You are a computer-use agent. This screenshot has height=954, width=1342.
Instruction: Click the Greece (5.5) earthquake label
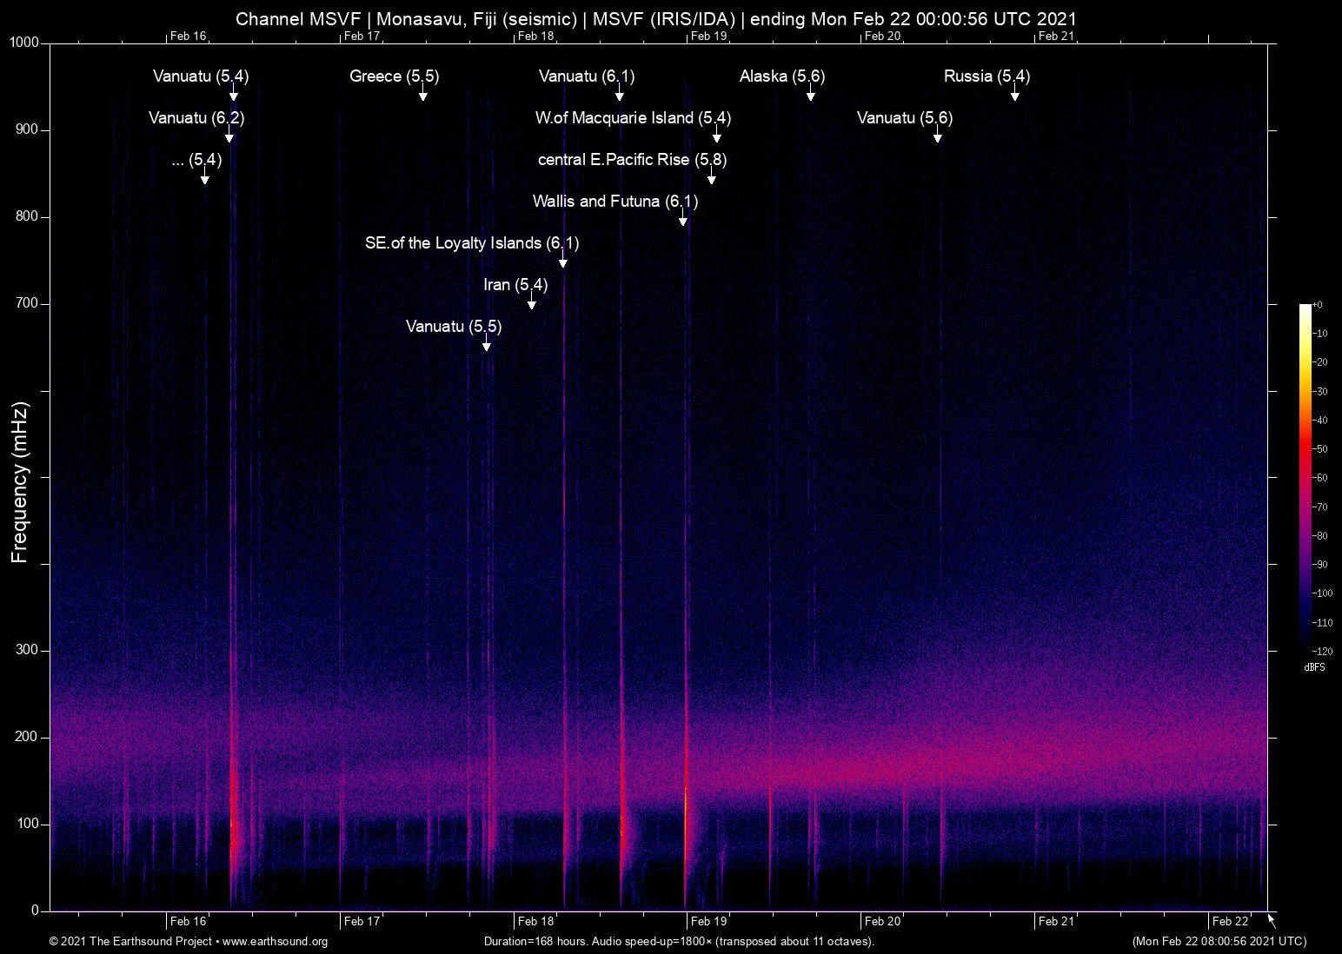pyautogui.click(x=394, y=76)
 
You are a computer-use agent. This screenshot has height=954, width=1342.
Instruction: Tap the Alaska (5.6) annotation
pyautogui.click(x=782, y=76)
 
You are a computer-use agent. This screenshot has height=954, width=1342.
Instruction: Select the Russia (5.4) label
pyautogui.click(x=987, y=76)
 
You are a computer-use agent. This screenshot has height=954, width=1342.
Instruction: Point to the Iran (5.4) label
pyautogui.click(x=515, y=285)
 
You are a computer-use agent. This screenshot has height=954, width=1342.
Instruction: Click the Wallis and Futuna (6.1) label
pyautogui.click(x=615, y=202)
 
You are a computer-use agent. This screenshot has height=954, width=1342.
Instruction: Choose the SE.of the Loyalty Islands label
pyautogui.click(x=472, y=243)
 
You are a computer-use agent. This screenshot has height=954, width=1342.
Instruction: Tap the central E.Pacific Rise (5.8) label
pyautogui.click(x=632, y=160)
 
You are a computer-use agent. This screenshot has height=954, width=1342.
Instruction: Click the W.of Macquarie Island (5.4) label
pyautogui.click(x=633, y=118)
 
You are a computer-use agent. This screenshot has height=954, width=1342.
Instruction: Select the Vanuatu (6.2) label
pyautogui.click(x=196, y=118)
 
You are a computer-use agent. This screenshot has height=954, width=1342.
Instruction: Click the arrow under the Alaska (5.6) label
pyautogui.click(x=810, y=94)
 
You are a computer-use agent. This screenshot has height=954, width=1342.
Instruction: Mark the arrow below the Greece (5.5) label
pyautogui.click(x=422, y=94)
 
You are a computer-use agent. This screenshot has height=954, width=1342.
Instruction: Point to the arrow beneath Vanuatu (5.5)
pyautogui.click(x=487, y=344)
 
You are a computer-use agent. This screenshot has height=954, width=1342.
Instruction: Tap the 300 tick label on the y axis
pyautogui.click(x=28, y=650)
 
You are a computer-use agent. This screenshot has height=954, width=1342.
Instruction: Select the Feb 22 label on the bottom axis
pyautogui.click(x=1230, y=921)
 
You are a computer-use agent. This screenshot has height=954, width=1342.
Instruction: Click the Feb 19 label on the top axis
pyautogui.click(x=708, y=36)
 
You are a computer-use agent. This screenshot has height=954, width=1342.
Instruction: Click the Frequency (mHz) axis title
pyautogui.click(x=19, y=482)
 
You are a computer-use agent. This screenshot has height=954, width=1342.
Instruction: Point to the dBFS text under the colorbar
pyautogui.click(x=1314, y=667)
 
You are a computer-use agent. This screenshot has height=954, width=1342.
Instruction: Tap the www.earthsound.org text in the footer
pyautogui.click(x=275, y=942)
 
